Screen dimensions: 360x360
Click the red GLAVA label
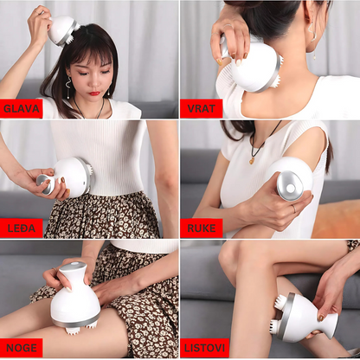pos(22,109)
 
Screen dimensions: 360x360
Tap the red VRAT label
pos(202,109)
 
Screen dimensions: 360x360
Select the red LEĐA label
pos(22,228)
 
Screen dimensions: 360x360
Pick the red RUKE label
pos(202,228)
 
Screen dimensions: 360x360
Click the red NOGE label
pos(22,348)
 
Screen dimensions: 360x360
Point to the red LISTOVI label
pos(204,348)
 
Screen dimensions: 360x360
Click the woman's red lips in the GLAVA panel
pos(94,93)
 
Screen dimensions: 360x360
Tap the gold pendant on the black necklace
pos(253,160)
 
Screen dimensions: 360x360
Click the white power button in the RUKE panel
pos(291,188)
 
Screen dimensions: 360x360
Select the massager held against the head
pos(63,31)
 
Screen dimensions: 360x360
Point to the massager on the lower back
pos(65,178)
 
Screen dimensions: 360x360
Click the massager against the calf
pos(305,317)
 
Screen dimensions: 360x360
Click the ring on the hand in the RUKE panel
pos(293,209)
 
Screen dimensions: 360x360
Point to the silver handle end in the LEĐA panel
pos(44,184)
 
